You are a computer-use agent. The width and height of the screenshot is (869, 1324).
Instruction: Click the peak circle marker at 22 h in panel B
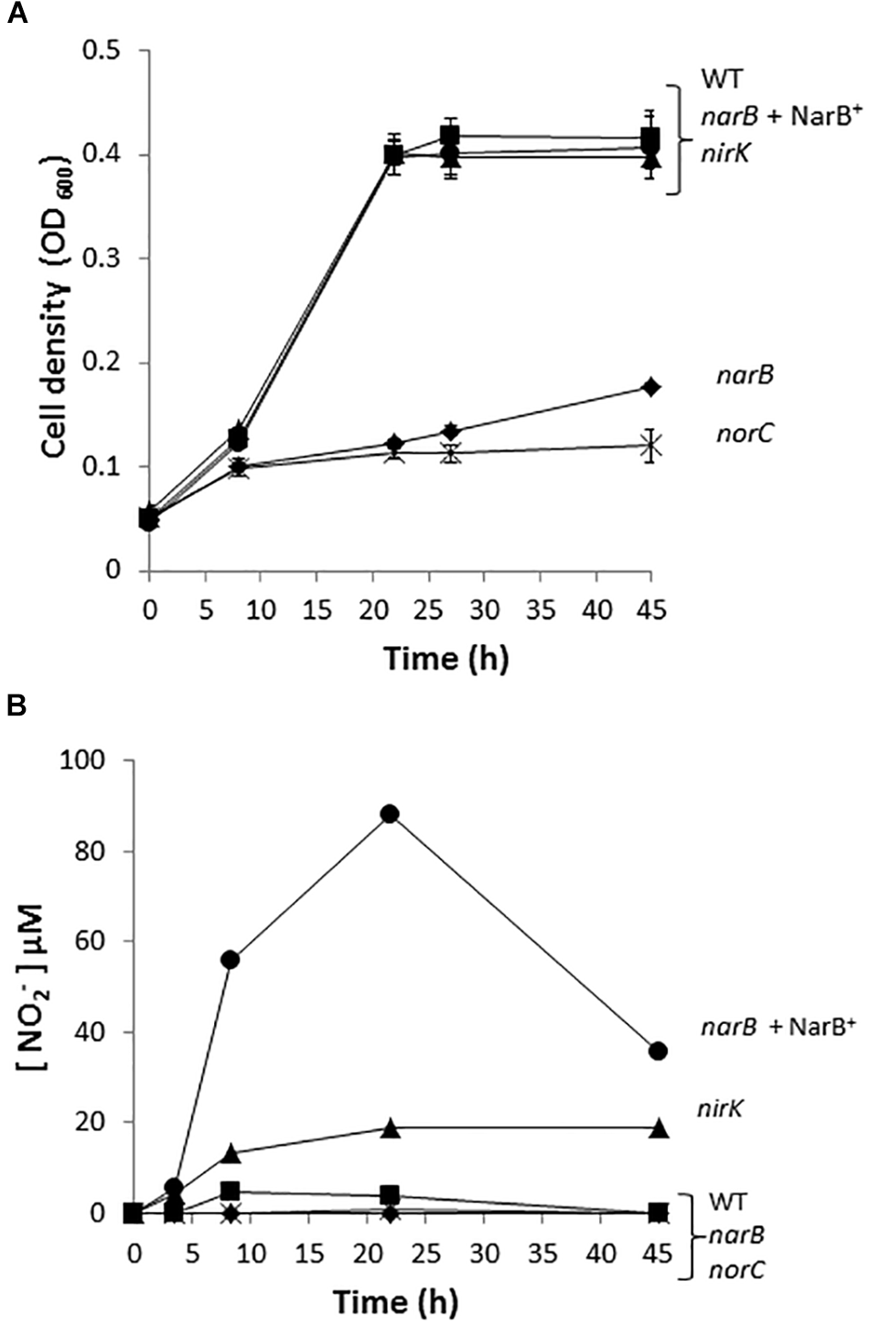[x=390, y=814]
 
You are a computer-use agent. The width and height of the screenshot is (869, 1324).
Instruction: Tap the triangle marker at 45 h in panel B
[x=658, y=1130]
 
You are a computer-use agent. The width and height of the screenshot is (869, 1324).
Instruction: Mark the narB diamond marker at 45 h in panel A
[x=650, y=387]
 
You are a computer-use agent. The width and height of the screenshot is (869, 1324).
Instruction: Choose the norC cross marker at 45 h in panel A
[x=650, y=447]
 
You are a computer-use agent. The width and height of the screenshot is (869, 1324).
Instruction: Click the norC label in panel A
[x=743, y=434]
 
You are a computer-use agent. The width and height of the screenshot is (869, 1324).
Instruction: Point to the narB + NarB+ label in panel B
[x=778, y=1052]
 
